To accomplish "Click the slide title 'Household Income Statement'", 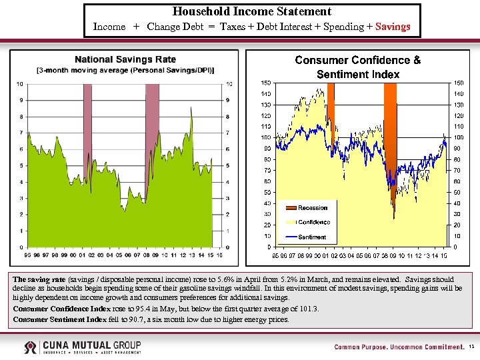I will pyautogui.click(x=252, y=11).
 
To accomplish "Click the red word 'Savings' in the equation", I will pyautogui.click(x=393, y=27).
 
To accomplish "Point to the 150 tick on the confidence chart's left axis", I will pyautogui.click(x=265, y=83).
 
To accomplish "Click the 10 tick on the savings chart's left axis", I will pyautogui.click(x=20, y=84).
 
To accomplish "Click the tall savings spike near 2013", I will pyautogui.click(x=191, y=123).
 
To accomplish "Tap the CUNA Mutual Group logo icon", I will pyautogui.click(x=31, y=347).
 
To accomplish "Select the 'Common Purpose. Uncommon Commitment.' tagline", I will pyautogui.click(x=399, y=347).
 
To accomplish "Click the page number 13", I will pyautogui.click(x=471, y=347).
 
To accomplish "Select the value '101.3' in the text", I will pyautogui.click(x=309, y=309).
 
